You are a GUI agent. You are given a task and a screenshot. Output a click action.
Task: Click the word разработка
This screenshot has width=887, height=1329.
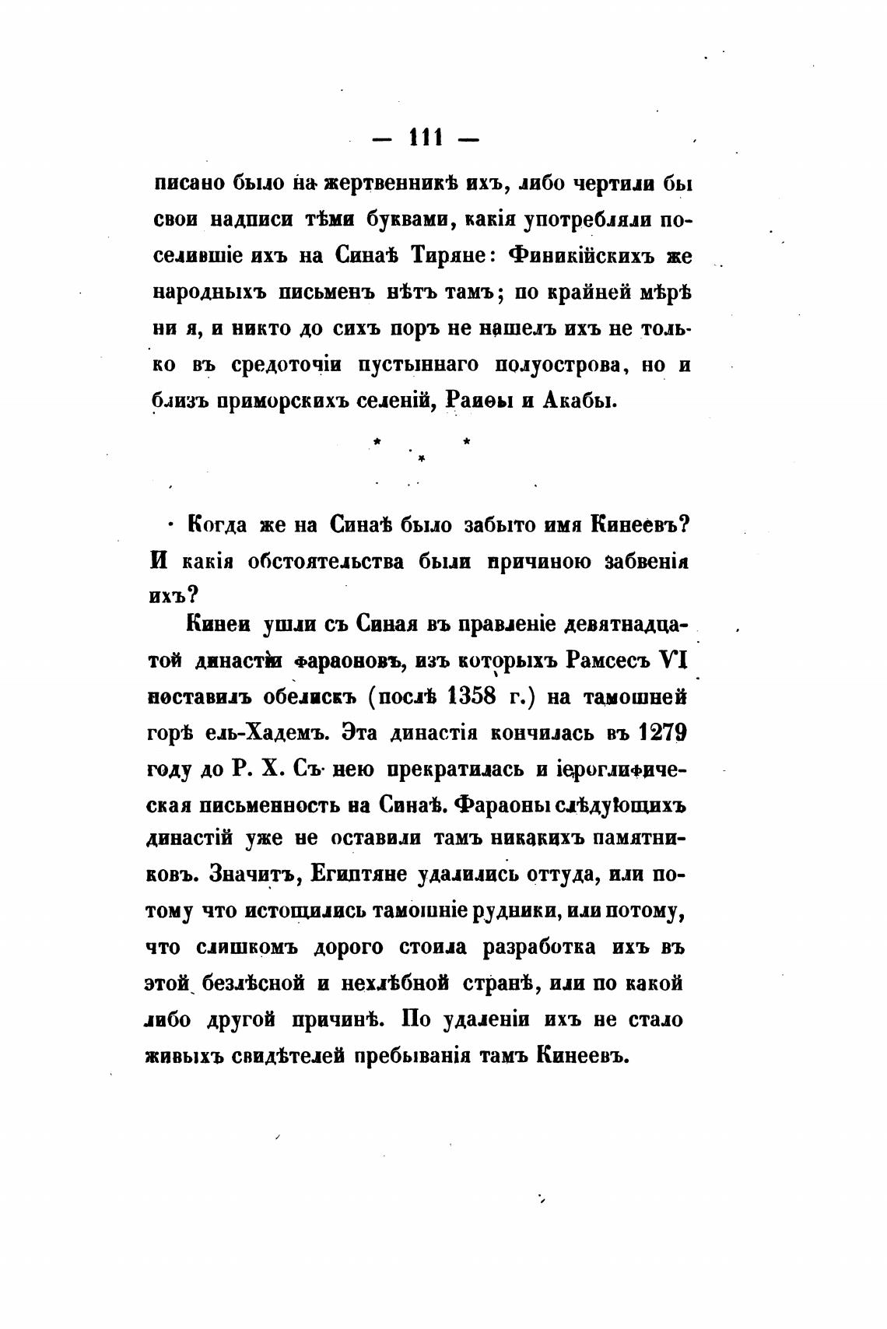(540, 947)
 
